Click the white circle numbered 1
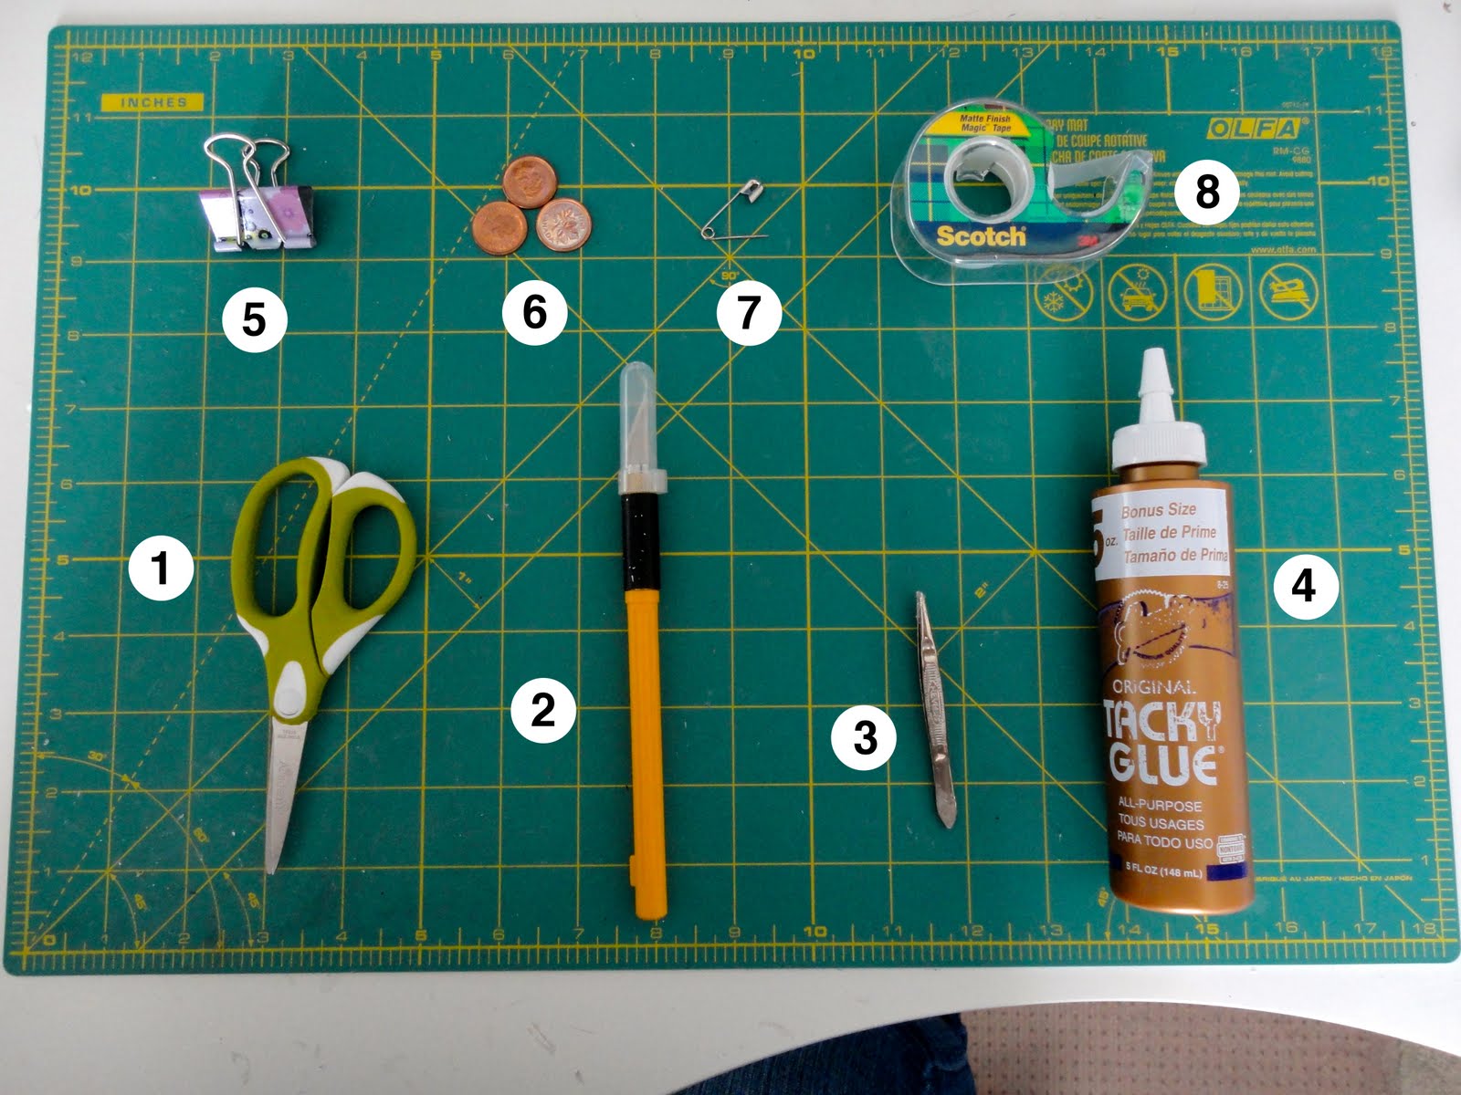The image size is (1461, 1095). point(161,568)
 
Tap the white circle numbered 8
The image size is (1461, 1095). point(1207,193)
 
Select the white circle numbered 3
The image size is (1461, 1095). point(864,737)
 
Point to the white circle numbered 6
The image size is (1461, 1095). point(534,312)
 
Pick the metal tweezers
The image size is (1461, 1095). point(936,712)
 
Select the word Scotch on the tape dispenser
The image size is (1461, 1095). point(981,236)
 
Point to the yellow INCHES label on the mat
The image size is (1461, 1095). point(153,102)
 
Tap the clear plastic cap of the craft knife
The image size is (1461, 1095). point(636,420)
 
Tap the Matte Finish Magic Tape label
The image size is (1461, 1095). point(986,123)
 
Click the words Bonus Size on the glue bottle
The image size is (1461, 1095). point(1158,510)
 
